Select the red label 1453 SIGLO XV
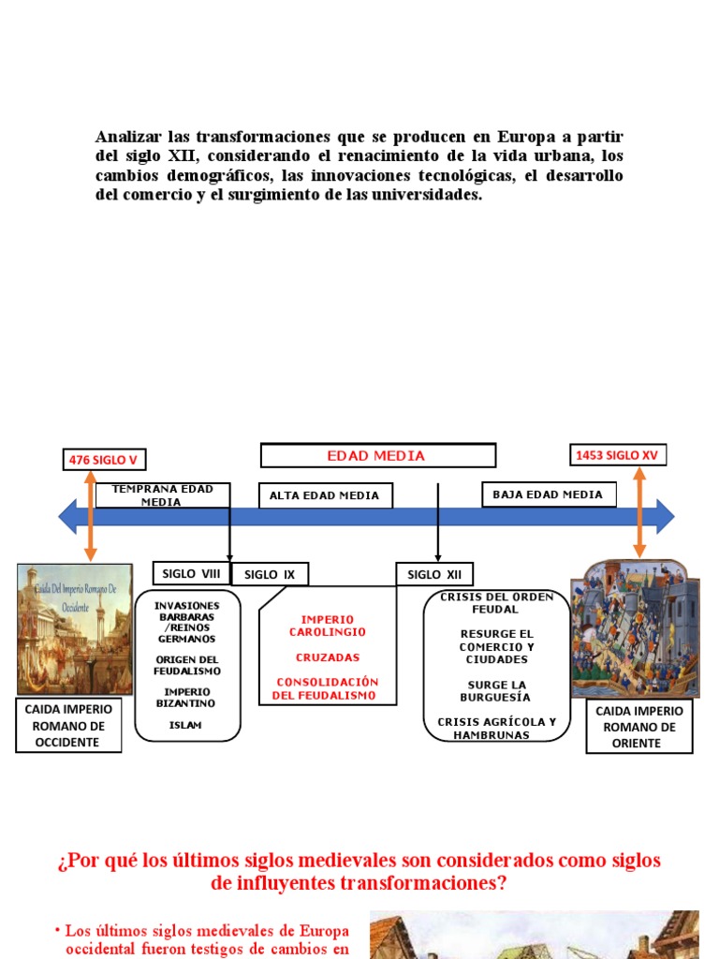click(x=618, y=455)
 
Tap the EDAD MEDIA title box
click(x=377, y=456)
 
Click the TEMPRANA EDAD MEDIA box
click(x=162, y=495)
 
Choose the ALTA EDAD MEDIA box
click(x=325, y=495)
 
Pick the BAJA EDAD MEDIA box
click(x=549, y=494)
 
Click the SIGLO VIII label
click(x=191, y=573)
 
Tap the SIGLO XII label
click(x=434, y=574)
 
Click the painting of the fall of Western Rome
click(x=75, y=628)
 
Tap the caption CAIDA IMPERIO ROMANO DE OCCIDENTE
click(x=69, y=726)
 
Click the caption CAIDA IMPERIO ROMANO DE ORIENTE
click(x=639, y=726)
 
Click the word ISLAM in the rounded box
click(x=184, y=724)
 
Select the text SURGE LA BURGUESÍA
click(x=496, y=691)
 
